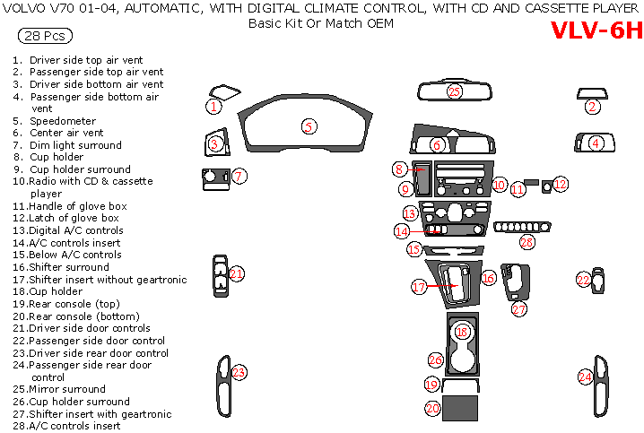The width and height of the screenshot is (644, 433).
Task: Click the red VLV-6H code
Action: [596, 30]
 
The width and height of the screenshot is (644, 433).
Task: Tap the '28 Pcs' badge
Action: [45, 37]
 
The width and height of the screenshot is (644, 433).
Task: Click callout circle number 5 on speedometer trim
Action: [309, 126]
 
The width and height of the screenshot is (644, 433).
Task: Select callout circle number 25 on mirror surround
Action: [454, 91]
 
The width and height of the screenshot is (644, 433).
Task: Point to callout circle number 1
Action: [213, 107]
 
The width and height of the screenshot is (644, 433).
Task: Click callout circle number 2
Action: [592, 107]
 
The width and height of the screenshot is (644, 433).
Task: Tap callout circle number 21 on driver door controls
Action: [237, 273]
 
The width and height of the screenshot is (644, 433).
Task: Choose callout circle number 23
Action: [239, 372]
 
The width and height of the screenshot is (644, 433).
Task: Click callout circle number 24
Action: [585, 377]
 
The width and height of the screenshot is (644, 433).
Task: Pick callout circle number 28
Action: [527, 242]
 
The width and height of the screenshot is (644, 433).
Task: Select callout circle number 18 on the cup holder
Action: [461, 332]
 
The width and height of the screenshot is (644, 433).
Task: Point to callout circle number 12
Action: [561, 185]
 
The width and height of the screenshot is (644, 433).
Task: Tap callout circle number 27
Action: [519, 308]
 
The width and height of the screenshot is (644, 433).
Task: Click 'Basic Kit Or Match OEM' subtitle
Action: [320, 22]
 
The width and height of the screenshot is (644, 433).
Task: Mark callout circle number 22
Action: [583, 281]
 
